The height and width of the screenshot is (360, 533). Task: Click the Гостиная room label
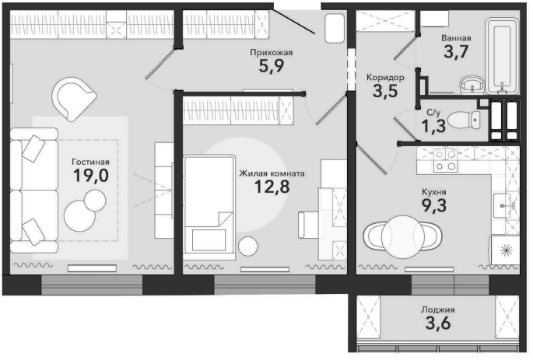(90, 162)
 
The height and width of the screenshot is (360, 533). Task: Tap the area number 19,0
(91, 176)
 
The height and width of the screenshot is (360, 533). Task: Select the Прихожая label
(272, 53)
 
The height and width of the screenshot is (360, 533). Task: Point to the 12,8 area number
(272, 187)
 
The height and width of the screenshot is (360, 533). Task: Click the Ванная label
(456, 38)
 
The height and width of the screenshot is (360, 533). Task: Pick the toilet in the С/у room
(464, 120)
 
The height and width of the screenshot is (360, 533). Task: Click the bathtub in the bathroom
(502, 55)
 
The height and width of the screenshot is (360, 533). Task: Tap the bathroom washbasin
(472, 84)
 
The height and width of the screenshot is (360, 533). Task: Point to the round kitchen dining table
(403, 236)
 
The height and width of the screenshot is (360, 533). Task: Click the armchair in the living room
(73, 99)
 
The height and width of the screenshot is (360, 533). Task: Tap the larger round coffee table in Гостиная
(79, 215)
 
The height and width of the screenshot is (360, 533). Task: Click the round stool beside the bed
(247, 246)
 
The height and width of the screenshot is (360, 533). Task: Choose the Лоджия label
(438, 309)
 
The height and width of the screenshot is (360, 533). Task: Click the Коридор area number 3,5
(385, 91)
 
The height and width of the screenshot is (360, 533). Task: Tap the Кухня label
(434, 192)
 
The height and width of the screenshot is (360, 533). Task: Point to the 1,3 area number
(433, 126)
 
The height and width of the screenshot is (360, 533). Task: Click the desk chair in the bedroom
(310, 225)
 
